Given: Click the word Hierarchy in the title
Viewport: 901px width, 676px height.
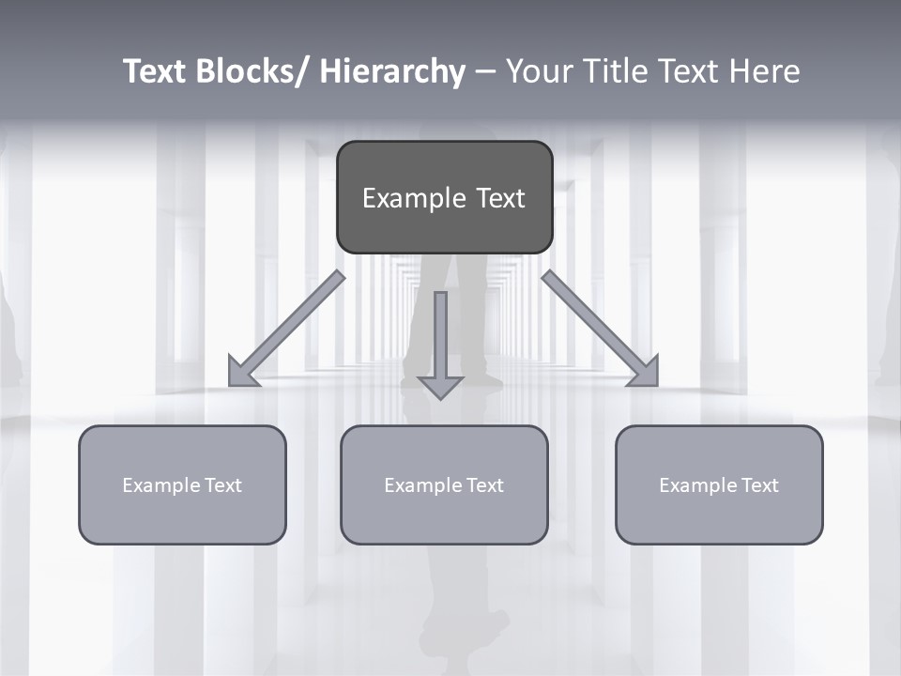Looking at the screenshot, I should pyautogui.click(x=392, y=71).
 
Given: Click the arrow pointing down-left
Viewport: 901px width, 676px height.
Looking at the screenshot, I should pyautogui.click(x=286, y=330).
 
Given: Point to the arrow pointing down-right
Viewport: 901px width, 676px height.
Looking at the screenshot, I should pyautogui.click(x=601, y=330).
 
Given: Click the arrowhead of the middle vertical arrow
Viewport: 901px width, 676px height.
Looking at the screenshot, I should pyautogui.click(x=441, y=386).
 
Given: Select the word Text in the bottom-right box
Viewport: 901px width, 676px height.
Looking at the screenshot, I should pyautogui.click(x=758, y=485).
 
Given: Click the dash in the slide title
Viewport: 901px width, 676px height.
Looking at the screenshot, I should pyautogui.click(x=485, y=72).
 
